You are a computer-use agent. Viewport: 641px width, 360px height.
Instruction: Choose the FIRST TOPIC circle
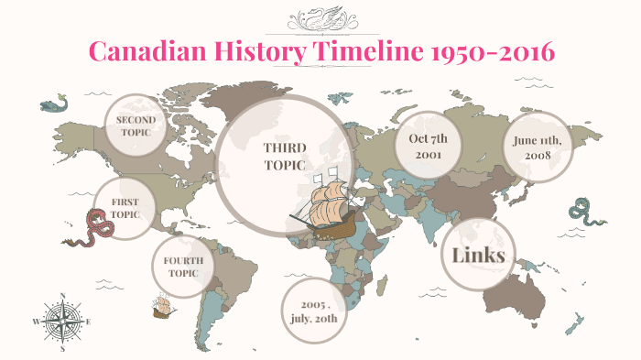tap(124, 208)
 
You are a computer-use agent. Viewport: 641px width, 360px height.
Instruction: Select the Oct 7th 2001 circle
tap(427, 147)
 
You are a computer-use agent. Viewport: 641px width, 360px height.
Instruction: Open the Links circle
tap(479, 255)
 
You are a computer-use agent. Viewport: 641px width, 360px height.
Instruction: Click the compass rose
tap(62, 322)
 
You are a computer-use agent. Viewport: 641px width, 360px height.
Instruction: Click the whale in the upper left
tap(54, 104)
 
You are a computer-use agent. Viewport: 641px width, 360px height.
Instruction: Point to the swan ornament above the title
tap(320, 19)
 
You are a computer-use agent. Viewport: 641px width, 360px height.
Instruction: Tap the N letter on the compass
tap(62, 295)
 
